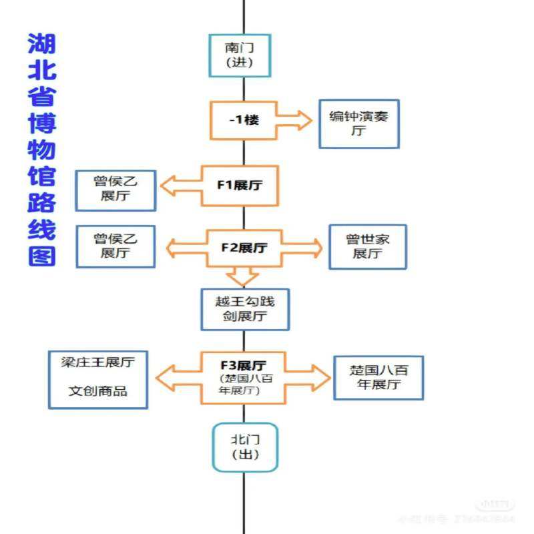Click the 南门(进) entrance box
[x=240, y=55]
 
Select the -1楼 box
[x=243, y=120]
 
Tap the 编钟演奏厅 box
[x=358, y=123]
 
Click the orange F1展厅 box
[x=240, y=185]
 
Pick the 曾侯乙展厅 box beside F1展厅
[x=115, y=190]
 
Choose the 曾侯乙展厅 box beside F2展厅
[x=115, y=246]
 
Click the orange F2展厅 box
[x=244, y=248]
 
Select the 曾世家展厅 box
[x=367, y=247]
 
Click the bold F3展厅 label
[x=243, y=366]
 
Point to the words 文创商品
[x=97, y=391]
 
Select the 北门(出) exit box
[x=244, y=447]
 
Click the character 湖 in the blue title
[x=41, y=45]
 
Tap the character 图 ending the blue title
[x=41, y=255]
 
